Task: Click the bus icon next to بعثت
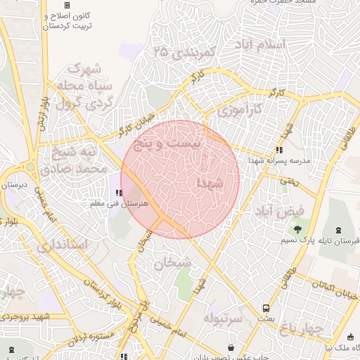(x=266, y=308)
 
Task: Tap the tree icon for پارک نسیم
(x=298, y=229)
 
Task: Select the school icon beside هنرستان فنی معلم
(x=119, y=192)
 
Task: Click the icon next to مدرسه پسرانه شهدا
(x=279, y=150)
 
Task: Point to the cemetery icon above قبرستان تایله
(x=340, y=229)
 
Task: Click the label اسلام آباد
(x=264, y=44)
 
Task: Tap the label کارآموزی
(x=238, y=110)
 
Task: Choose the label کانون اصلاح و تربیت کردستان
(x=69, y=20)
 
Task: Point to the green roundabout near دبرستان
(x=30, y=167)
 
